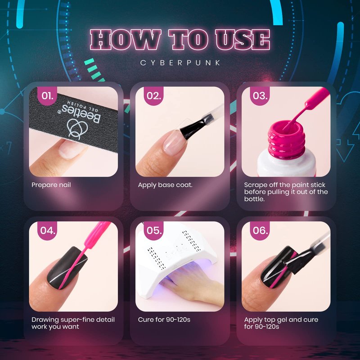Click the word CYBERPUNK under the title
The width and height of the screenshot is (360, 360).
(x=180, y=63)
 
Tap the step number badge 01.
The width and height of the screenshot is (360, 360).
(x=47, y=95)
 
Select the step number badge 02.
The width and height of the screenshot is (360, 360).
(x=153, y=95)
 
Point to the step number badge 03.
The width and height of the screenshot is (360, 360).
(x=260, y=95)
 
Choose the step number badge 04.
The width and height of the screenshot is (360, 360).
(x=47, y=230)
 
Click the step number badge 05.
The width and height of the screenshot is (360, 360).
(x=153, y=230)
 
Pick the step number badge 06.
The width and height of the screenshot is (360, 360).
(x=260, y=230)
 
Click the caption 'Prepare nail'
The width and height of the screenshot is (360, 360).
(x=51, y=185)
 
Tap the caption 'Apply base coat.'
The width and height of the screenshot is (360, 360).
(x=165, y=185)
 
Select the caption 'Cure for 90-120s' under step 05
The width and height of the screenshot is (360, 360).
(x=164, y=319)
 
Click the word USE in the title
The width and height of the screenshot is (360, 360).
(x=243, y=40)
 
